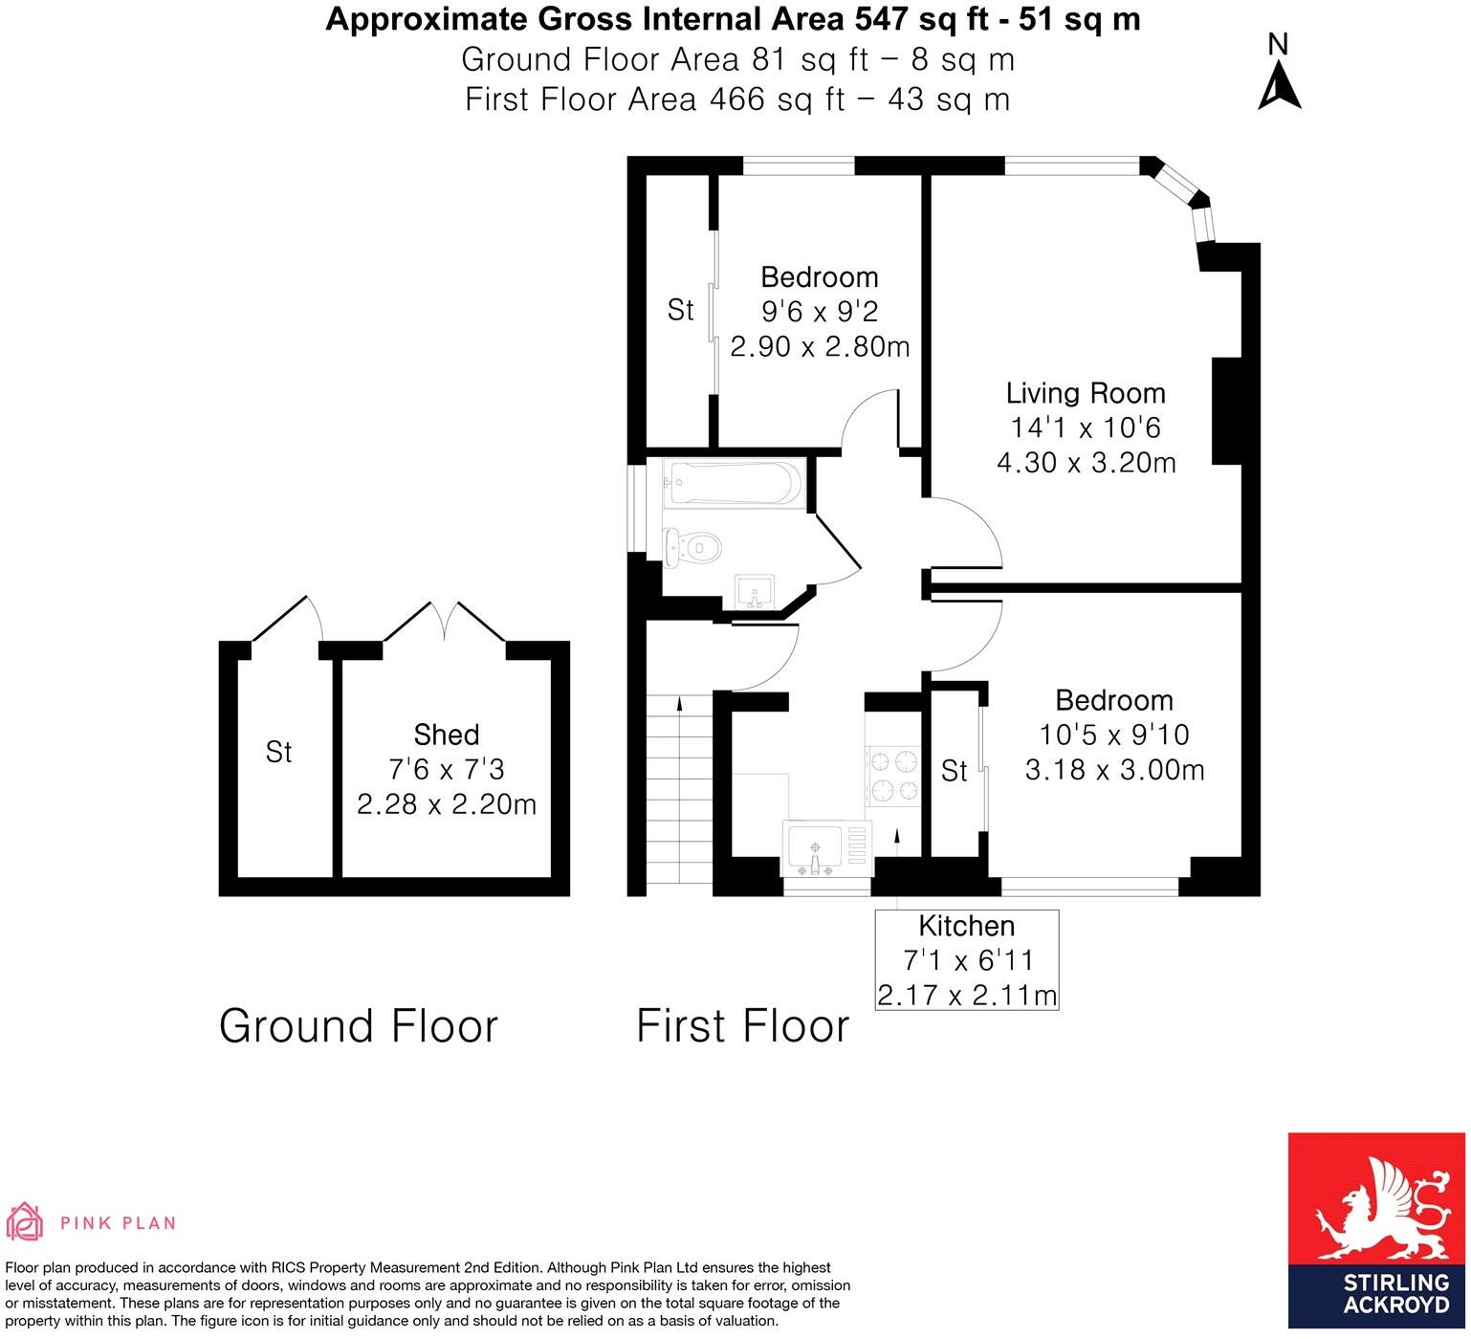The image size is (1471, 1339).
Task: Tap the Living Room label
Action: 1086,393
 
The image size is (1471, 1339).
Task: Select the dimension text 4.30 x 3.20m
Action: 1086,463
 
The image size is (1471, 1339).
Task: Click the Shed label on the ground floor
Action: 446,735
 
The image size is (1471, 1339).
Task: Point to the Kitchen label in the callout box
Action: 966,926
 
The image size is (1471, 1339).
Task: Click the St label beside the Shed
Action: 278,753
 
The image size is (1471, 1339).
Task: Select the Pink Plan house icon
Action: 26,1221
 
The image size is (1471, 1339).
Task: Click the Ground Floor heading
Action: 359,1026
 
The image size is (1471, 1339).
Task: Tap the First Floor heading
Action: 742,1026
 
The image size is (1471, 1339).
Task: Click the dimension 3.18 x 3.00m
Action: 1114,770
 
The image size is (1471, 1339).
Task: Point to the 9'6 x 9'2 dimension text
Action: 819,312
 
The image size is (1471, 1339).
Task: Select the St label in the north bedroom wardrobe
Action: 680,310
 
